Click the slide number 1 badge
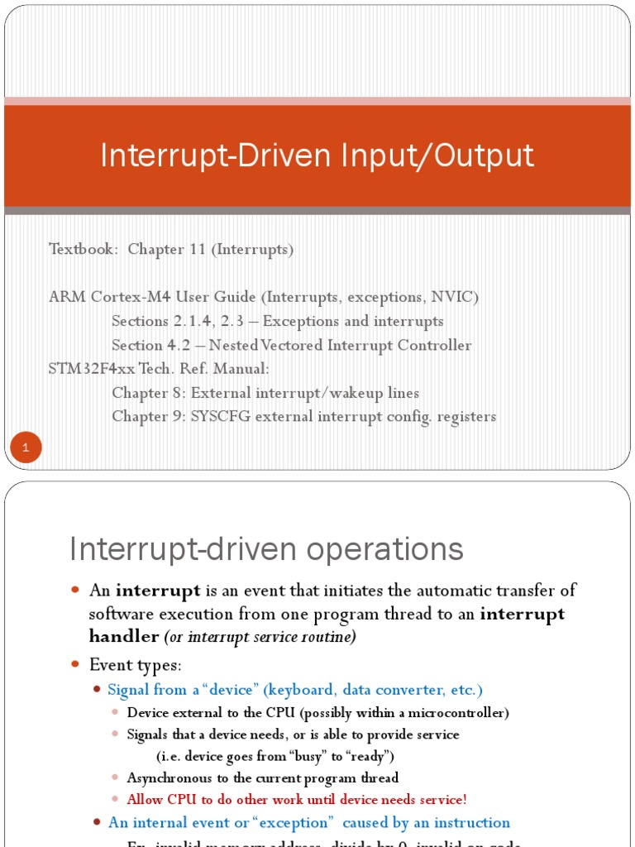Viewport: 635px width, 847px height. pos(26,449)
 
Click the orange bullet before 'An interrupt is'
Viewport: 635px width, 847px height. pos(75,591)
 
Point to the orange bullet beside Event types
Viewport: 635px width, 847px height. pos(75,664)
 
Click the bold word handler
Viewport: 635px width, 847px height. pos(124,636)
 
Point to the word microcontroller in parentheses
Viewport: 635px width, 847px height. pos(459,712)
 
